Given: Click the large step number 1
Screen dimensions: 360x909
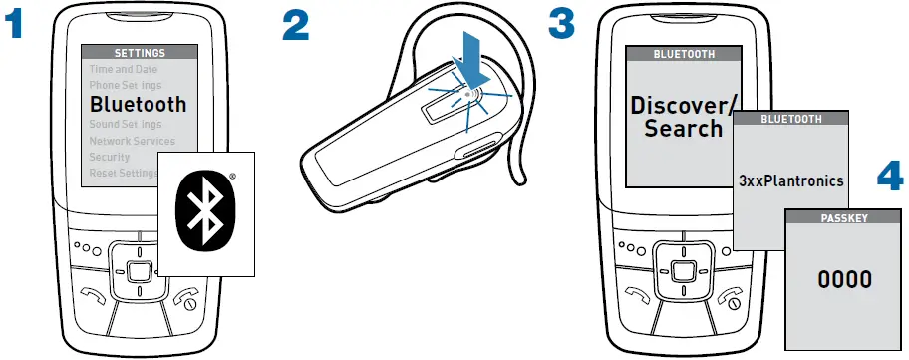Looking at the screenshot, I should tap(15, 25).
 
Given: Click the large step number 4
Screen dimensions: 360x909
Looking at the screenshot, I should tap(887, 178).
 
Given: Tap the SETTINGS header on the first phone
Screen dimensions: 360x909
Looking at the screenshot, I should tap(139, 53).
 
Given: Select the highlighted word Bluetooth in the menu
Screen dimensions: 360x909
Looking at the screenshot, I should tap(138, 104).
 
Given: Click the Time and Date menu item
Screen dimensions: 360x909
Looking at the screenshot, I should tap(125, 70).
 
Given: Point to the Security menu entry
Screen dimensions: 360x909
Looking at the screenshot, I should tap(110, 157).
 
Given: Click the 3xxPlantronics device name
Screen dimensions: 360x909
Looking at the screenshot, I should tap(790, 181).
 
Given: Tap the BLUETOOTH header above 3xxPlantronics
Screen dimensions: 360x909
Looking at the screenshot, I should tap(790, 118).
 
